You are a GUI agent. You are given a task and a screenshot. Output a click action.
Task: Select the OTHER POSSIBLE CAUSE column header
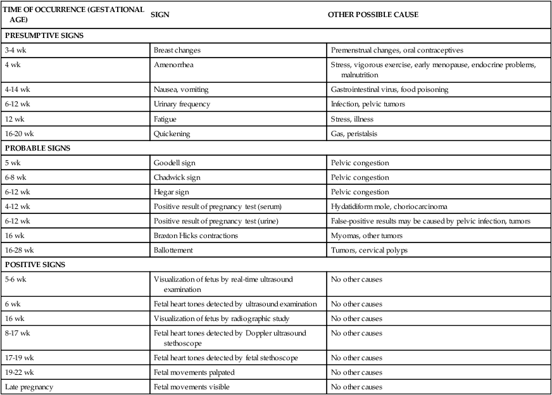[373, 15]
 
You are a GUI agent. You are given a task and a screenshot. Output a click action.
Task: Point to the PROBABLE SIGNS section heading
[37, 148]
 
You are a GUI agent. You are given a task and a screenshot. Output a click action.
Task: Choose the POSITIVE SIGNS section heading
[35, 265]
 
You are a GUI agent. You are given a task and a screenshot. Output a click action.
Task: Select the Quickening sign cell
[172, 134]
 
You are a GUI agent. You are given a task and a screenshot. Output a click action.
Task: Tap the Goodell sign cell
[175, 163]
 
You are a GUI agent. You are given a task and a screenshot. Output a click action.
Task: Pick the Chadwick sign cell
[177, 177]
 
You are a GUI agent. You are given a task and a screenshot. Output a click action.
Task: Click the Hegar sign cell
[172, 192]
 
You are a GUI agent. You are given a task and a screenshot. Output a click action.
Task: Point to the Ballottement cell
[175, 250]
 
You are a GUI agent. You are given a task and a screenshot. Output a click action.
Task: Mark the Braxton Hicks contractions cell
[196, 235]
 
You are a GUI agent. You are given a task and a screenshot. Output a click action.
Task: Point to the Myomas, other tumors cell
[367, 235]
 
